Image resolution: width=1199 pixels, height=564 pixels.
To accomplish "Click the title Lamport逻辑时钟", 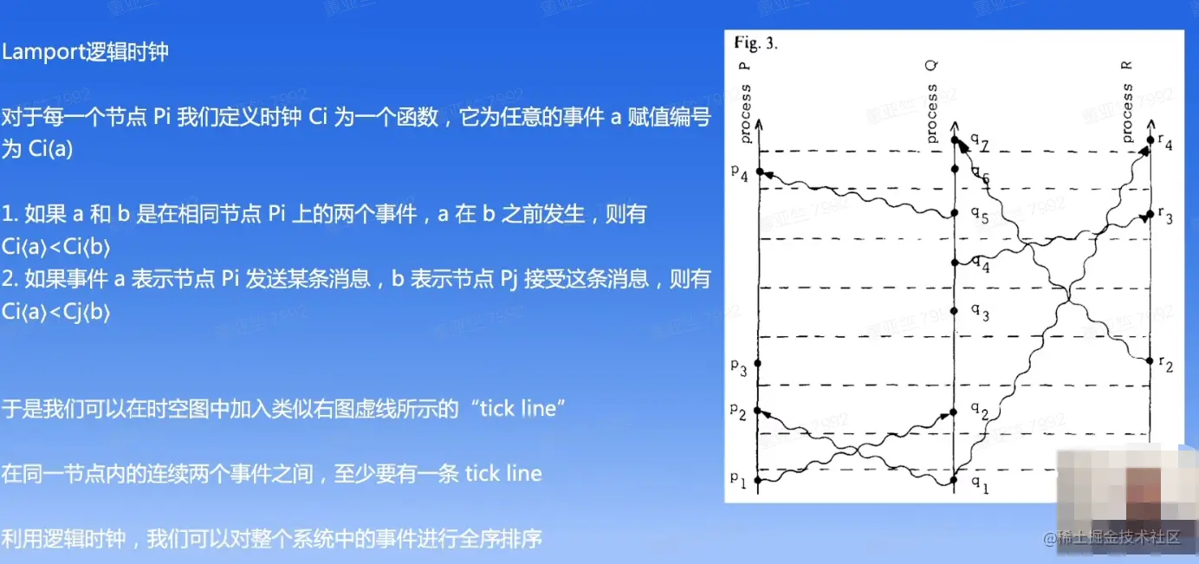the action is tap(85, 52).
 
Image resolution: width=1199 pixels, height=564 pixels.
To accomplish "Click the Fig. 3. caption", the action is tap(755, 42).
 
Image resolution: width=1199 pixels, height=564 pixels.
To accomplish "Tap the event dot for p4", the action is tap(760, 172).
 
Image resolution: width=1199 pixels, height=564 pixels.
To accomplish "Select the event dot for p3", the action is tap(757, 363).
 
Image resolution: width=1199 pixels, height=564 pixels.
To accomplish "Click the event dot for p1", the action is tap(757, 480).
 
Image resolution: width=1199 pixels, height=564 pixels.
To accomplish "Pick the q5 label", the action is tap(980, 215).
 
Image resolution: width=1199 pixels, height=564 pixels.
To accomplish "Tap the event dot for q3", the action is tap(954, 311).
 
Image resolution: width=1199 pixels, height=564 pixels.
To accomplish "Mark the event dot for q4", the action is tap(955, 263).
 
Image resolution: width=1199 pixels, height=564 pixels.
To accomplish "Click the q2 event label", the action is tap(980, 411).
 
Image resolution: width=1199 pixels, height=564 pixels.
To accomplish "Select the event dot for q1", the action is tap(953, 480).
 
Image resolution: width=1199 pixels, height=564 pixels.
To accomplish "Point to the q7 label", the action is tap(980, 141).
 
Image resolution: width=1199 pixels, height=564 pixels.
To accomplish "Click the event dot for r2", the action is tap(1150, 361).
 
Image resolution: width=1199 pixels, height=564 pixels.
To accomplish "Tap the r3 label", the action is tap(1165, 215).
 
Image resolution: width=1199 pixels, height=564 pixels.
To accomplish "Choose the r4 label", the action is tap(1165, 141).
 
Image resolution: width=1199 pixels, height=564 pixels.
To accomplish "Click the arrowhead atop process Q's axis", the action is tap(955, 126).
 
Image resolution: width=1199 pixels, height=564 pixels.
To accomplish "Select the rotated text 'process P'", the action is tap(744, 103).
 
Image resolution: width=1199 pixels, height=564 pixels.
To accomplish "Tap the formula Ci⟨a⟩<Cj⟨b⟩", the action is tap(55, 312).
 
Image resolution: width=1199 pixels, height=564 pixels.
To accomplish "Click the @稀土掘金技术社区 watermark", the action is tap(1112, 537).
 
